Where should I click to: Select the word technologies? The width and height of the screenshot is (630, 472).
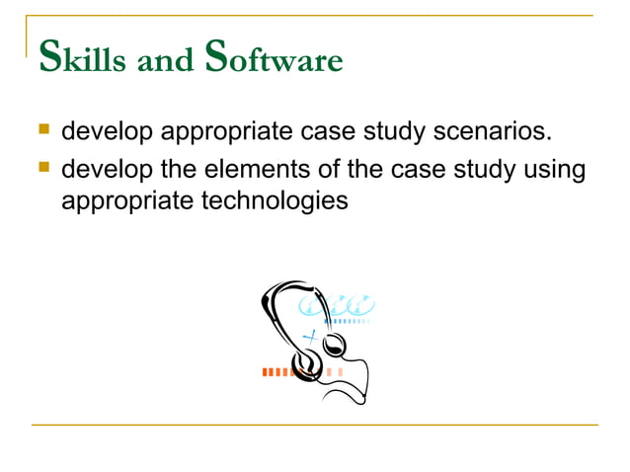pyautogui.click(x=266, y=200)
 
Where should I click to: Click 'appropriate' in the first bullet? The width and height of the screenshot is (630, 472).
pyautogui.click(x=218, y=132)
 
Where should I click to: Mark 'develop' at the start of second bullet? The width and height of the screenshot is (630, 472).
pyautogui.click(x=107, y=171)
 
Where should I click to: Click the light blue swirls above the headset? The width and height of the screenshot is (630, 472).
pyautogui.click(x=346, y=303)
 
